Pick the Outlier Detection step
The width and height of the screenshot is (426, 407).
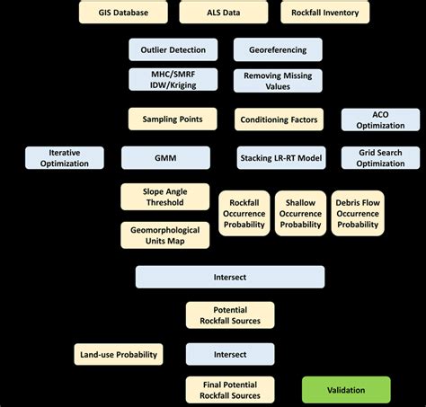173,50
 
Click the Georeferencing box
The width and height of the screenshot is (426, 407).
278,50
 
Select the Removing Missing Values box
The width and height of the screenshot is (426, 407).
278,82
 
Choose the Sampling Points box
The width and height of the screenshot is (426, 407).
173,119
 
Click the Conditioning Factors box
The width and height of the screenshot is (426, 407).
280,119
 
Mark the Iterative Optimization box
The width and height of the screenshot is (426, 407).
65,158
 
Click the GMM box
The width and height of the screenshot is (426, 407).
165,158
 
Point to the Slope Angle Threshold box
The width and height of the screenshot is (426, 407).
164,197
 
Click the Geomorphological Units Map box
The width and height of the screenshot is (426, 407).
164,234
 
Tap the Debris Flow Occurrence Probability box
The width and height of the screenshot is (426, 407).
358,212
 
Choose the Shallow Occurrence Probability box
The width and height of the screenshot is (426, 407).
300,212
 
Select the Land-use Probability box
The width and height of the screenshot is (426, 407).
119,354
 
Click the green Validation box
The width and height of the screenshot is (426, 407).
346,390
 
